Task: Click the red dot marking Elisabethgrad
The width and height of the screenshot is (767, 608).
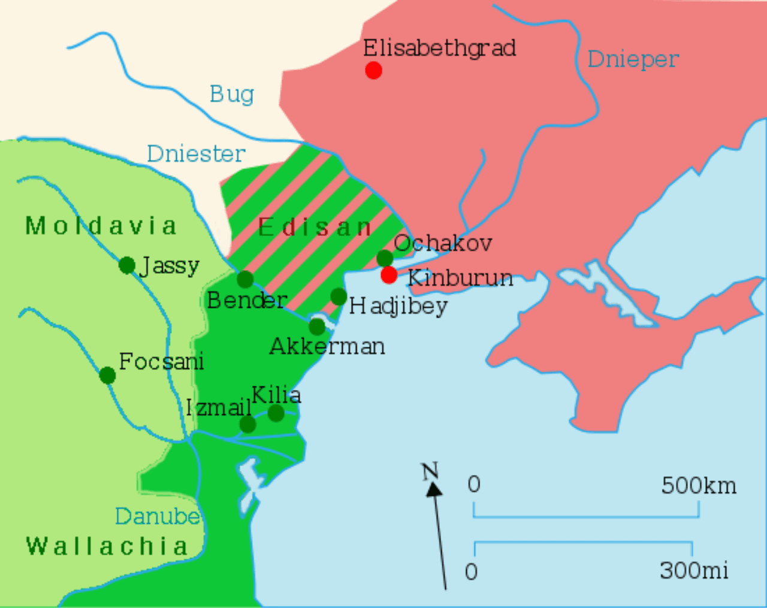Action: [x=373, y=71]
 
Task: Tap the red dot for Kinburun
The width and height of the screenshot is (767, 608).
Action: [x=389, y=275]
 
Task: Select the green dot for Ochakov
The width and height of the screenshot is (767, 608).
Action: [x=385, y=259]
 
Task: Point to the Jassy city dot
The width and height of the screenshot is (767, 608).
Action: [x=127, y=265]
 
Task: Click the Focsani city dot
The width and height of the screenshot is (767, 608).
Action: [x=107, y=376]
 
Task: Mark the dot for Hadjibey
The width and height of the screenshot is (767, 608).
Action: [x=339, y=296]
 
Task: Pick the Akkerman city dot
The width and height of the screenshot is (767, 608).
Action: [x=317, y=327]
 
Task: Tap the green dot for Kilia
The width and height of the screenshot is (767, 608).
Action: [x=276, y=413]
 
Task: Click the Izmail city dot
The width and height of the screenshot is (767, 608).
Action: [x=247, y=425]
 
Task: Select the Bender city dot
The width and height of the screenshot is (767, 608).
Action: [x=245, y=279]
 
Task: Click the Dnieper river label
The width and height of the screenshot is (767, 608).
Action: [x=633, y=59]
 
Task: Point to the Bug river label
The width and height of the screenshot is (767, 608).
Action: [x=231, y=95]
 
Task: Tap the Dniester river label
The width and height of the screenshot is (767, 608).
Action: [x=196, y=154]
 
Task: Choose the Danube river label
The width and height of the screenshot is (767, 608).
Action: [x=157, y=516]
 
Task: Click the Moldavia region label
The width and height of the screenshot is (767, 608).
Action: [x=101, y=226]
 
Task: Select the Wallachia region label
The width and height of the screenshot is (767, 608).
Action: [x=107, y=546]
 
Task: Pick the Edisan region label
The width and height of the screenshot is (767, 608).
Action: [x=315, y=228]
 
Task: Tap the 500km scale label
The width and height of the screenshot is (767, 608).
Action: [x=699, y=485]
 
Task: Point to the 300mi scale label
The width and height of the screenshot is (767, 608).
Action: [x=694, y=570]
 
